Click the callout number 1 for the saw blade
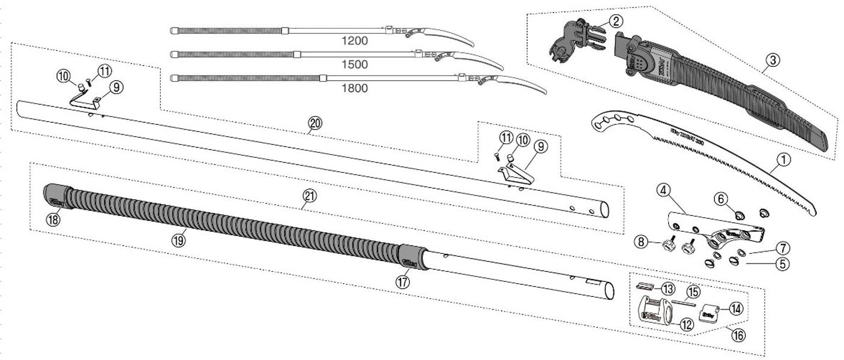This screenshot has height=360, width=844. [x=782, y=160]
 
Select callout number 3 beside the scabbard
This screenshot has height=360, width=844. [x=773, y=59]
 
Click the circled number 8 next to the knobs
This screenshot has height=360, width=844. [x=641, y=242]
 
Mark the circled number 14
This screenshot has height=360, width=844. [x=736, y=308]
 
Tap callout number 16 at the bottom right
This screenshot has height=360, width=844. [x=739, y=335]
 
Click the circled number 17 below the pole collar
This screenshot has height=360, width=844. [x=402, y=280]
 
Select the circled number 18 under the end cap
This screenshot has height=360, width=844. [x=53, y=220]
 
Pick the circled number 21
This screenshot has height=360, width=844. [x=309, y=196]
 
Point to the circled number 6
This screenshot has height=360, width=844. [x=721, y=198]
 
